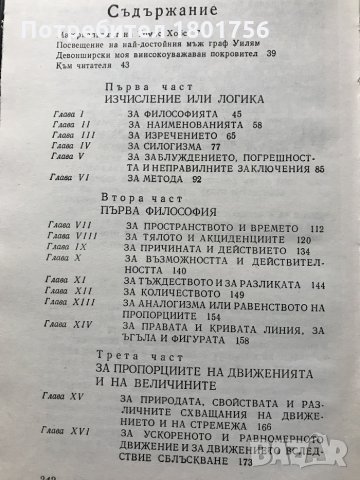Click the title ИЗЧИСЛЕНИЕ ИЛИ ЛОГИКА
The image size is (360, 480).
pos(190,102)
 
